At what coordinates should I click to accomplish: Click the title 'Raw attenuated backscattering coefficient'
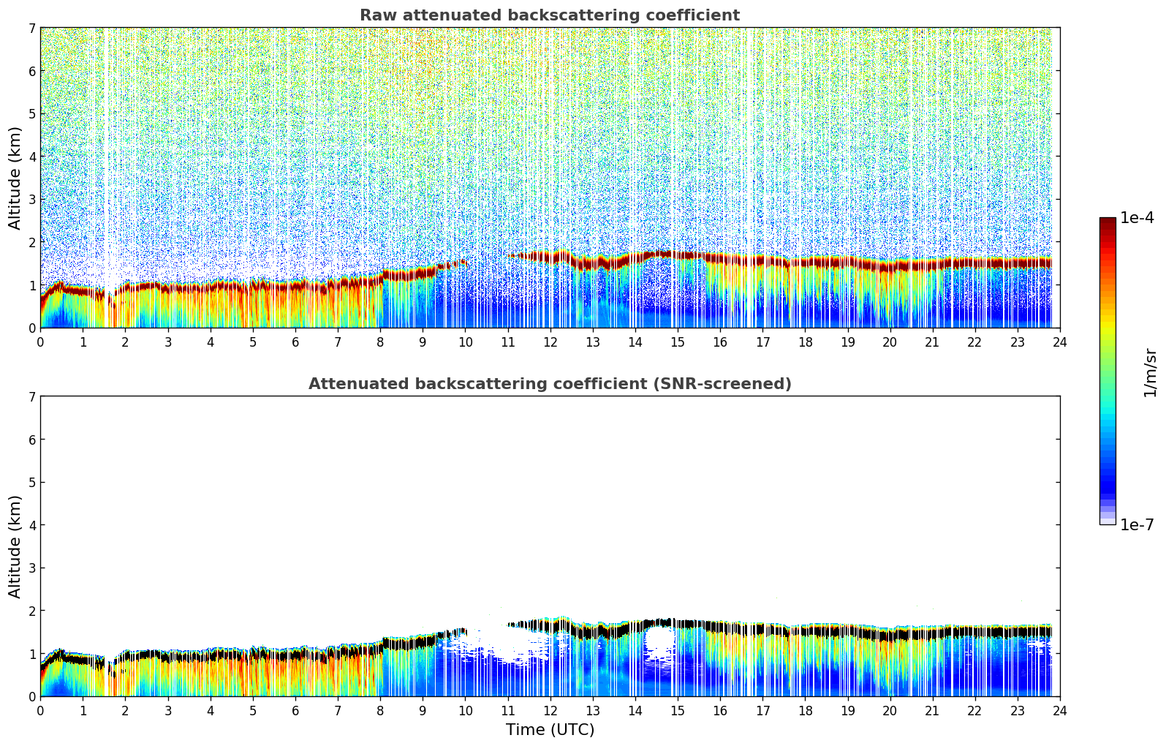point(549,15)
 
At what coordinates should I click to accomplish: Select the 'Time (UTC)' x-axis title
point(550,730)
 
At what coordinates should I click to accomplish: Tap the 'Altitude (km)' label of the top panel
point(15,178)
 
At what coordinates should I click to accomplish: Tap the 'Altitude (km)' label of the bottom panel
point(15,546)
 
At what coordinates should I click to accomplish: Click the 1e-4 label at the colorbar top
point(1137,218)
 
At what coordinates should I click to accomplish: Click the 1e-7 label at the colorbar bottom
point(1137,524)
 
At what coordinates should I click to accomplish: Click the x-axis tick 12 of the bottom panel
point(550,711)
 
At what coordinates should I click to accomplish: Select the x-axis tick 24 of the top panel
point(1059,342)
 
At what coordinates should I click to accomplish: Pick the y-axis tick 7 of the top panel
point(31,28)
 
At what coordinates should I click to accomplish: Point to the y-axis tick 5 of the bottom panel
point(31,482)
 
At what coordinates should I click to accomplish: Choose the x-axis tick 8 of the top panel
point(380,342)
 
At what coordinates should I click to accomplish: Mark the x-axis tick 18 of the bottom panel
point(805,711)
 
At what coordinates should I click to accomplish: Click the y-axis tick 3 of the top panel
point(31,199)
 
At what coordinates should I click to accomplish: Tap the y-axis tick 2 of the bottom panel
point(31,611)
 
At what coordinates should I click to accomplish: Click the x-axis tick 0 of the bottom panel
point(40,711)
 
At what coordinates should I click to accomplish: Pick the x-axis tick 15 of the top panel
point(678,342)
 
